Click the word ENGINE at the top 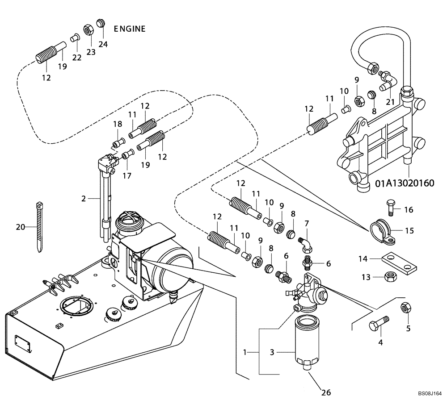(130, 29)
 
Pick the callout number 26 (326, 393)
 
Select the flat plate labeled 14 (401, 263)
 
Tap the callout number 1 (245, 352)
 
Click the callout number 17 (127, 176)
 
